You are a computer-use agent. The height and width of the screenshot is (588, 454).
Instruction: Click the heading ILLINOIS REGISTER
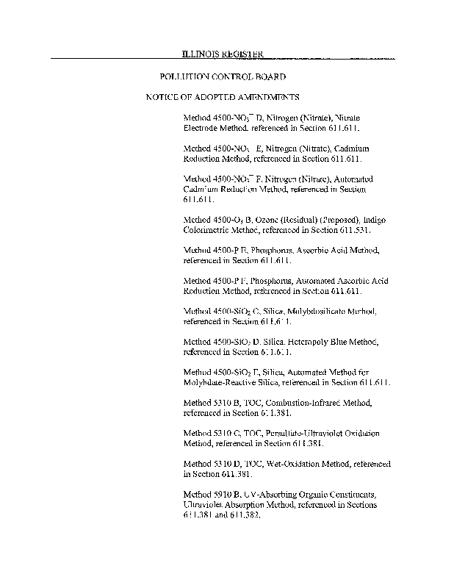[x=223, y=54]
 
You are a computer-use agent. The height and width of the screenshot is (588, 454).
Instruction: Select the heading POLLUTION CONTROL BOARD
[x=223, y=76]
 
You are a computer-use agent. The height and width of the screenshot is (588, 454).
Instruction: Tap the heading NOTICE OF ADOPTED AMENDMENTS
[x=222, y=97]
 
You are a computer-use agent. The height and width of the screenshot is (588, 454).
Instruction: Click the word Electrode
[x=201, y=127]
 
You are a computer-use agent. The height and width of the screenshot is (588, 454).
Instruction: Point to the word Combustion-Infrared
[x=299, y=404]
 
